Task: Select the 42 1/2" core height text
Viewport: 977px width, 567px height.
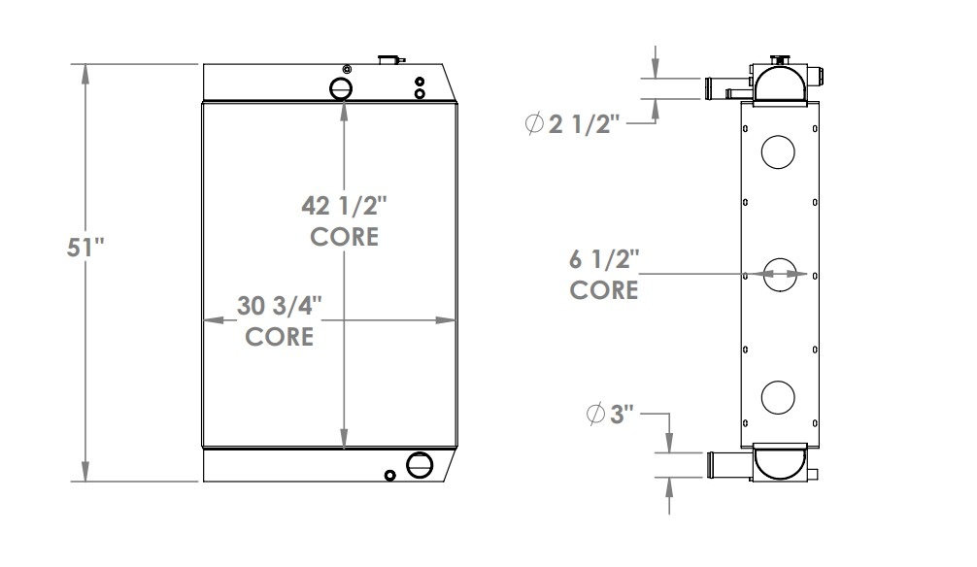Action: pyautogui.click(x=345, y=207)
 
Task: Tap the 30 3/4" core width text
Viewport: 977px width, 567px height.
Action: pyautogui.click(x=280, y=306)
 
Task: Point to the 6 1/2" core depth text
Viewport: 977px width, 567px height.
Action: pyautogui.click(x=603, y=259)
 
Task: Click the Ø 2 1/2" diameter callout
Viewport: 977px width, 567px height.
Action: pyautogui.click(x=571, y=125)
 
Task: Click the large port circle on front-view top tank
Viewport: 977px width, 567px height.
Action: pyautogui.click(x=343, y=87)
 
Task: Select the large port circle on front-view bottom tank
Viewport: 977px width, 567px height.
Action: pyautogui.click(x=419, y=465)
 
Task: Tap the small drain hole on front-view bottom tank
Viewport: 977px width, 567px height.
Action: pyautogui.click(x=389, y=475)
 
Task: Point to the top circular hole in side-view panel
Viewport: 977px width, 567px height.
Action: pyautogui.click(x=779, y=150)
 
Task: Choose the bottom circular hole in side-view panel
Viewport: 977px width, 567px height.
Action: pyautogui.click(x=779, y=396)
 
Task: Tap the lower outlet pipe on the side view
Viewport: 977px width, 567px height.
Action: pyautogui.click(x=728, y=464)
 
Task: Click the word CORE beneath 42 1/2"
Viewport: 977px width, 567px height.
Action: pyautogui.click(x=345, y=237)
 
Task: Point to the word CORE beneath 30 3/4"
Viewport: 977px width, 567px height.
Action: pyautogui.click(x=280, y=337)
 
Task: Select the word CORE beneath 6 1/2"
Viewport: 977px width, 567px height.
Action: pyautogui.click(x=603, y=290)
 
